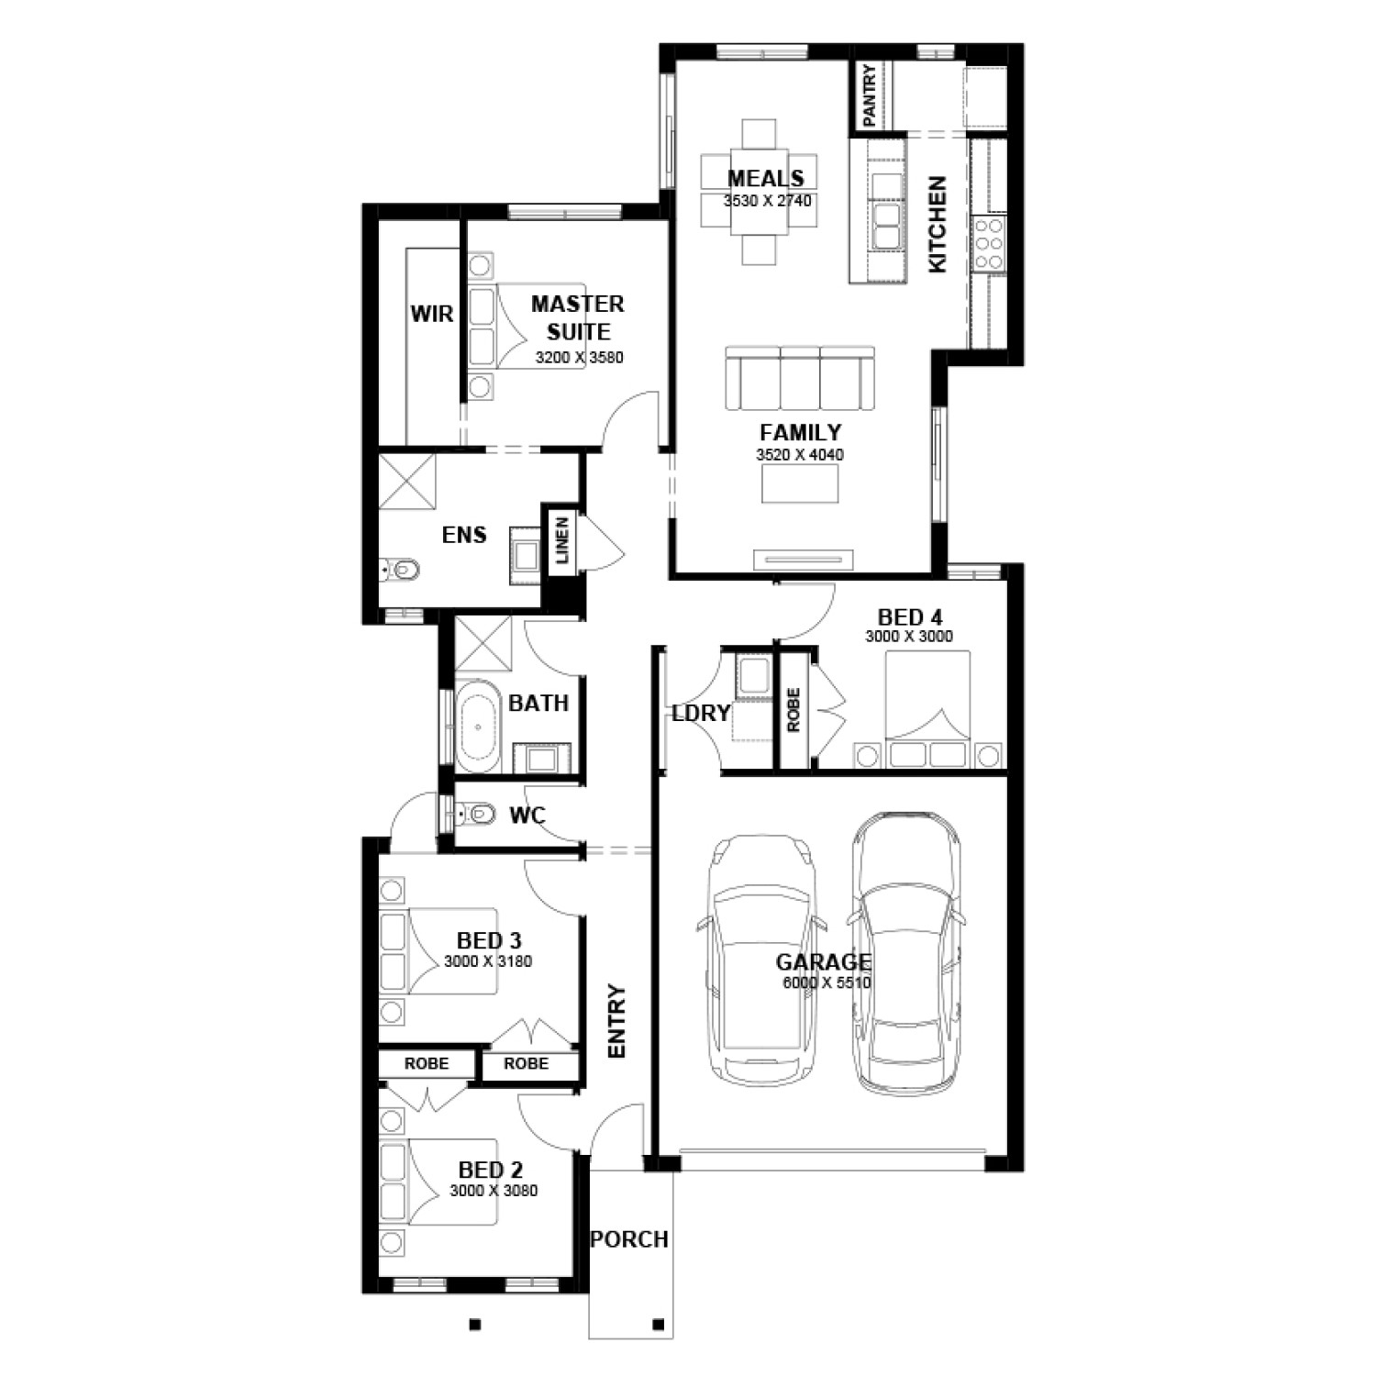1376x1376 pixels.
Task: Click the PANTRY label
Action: tap(869, 96)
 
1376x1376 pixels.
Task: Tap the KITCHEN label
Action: tap(937, 225)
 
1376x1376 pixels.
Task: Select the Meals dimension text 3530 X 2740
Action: tap(768, 201)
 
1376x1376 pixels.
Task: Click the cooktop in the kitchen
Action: tap(990, 243)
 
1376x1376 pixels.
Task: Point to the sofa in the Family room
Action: tap(799, 377)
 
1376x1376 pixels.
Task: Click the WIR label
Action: tap(431, 314)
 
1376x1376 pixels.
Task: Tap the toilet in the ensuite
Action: tap(400, 571)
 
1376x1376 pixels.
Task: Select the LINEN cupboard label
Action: tap(562, 539)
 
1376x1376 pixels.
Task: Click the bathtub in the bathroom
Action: tap(478, 726)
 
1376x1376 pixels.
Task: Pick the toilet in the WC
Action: tap(476, 813)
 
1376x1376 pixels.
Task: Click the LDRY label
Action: tap(702, 712)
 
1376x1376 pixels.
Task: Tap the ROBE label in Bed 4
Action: tap(793, 710)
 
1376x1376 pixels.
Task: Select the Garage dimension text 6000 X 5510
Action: tap(826, 982)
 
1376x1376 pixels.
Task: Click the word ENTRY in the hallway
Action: tap(616, 1022)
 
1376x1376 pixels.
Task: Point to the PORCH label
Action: tap(629, 1239)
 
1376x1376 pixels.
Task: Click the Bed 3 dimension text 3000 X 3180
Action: tap(487, 961)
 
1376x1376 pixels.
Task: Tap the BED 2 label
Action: tap(490, 1170)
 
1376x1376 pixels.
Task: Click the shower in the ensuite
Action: tap(407, 478)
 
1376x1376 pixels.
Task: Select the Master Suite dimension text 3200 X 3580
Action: tap(579, 358)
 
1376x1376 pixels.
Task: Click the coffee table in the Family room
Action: tap(799, 483)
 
